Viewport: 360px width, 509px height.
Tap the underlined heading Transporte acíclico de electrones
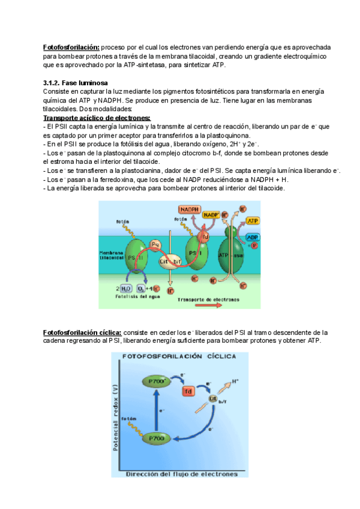click(97, 118)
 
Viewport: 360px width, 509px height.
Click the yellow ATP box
click(253, 221)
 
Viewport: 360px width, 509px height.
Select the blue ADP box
click(253, 237)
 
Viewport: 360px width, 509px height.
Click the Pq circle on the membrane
click(155, 244)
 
